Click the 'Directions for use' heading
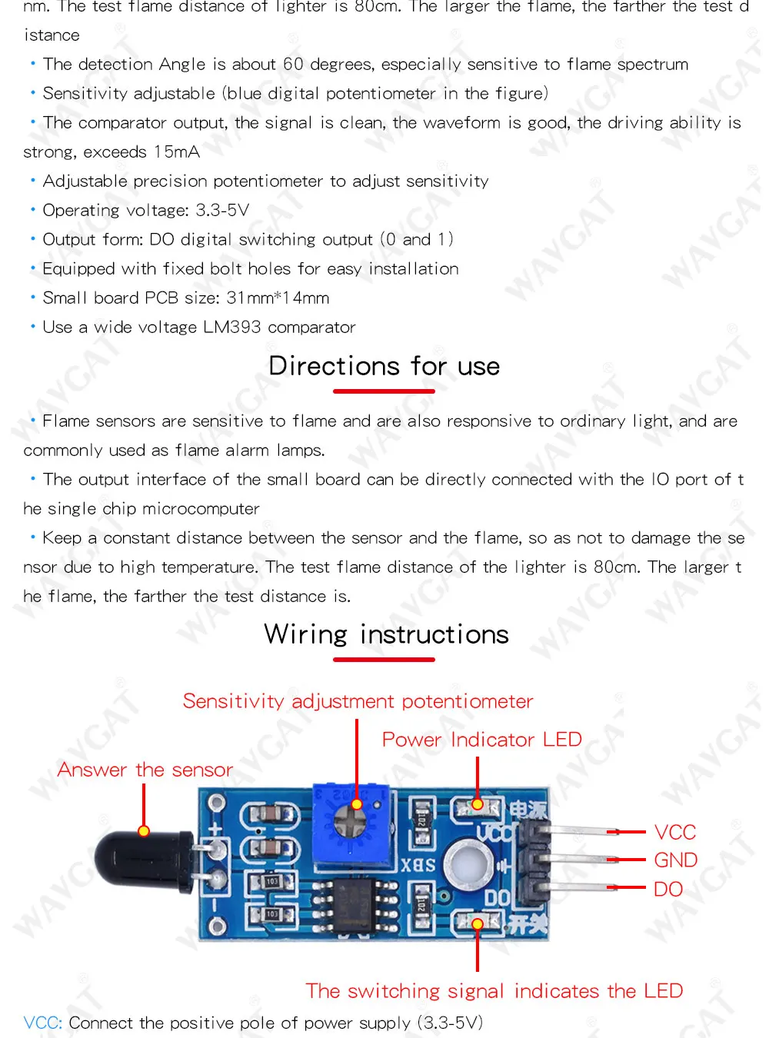click(384, 366)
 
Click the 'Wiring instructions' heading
click(386, 634)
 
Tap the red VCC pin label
click(674, 832)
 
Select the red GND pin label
click(675, 860)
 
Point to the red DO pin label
click(667, 889)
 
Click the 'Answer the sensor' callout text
click(145, 770)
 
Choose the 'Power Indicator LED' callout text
click(481, 740)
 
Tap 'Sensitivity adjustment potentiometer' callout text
click(358, 701)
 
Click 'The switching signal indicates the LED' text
click(494, 990)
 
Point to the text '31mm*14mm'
click(278, 298)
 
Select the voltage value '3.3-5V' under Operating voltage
click(222, 210)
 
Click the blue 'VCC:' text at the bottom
click(42, 1023)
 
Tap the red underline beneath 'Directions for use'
click(384, 391)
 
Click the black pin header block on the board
click(535, 861)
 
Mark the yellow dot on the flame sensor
click(144, 831)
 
